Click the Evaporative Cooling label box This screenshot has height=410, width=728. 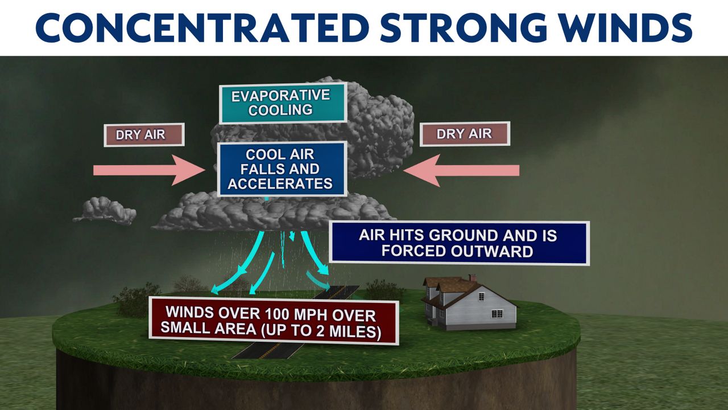coord(283,103)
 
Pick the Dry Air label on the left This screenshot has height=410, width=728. coord(144,135)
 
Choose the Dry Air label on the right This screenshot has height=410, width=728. coord(465,134)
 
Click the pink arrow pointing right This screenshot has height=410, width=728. coord(149,170)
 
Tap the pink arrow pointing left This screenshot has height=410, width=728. coord(461,170)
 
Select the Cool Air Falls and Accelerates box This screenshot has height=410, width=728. coord(282,169)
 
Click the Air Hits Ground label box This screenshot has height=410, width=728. coord(459,243)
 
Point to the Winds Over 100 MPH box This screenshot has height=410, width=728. coord(274,321)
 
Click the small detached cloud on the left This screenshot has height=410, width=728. coord(105,211)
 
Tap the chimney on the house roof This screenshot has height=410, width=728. coord(472,278)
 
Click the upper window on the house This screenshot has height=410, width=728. coord(482,296)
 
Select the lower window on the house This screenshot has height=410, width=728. coord(497,314)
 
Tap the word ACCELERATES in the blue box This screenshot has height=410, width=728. coord(280,184)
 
